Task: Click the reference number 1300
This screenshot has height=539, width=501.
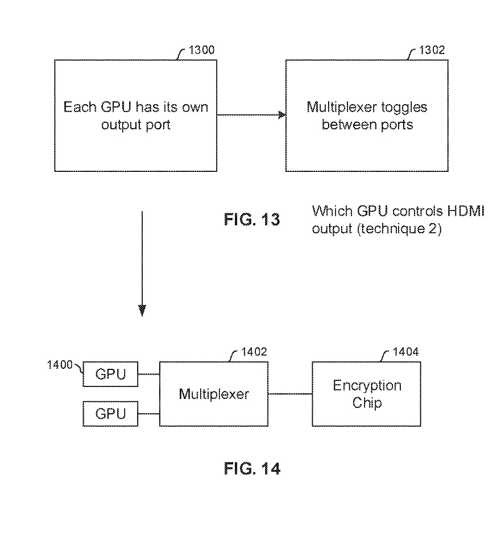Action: (x=201, y=50)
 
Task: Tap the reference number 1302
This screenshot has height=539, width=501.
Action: (x=432, y=50)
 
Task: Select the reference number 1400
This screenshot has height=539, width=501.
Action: (x=60, y=365)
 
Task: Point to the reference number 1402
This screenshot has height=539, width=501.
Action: (x=254, y=352)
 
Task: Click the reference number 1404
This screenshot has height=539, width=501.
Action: (x=405, y=352)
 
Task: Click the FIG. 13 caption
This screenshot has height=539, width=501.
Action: (x=252, y=219)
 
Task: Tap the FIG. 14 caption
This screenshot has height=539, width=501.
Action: (x=252, y=468)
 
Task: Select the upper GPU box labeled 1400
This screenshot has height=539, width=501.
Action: (x=110, y=374)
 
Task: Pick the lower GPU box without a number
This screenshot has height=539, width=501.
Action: (x=110, y=414)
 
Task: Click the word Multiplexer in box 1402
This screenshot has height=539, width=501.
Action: (x=214, y=394)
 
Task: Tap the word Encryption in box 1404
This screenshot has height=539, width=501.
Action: (x=367, y=386)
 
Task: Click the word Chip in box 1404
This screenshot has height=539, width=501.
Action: (x=367, y=402)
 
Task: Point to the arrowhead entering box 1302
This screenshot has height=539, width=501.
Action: (x=282, y=115)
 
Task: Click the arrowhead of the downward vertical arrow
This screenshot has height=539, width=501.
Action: (x=142, y=311)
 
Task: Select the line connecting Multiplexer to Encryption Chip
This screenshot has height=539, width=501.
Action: (x=290, y=394)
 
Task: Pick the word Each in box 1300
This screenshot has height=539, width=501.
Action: (x=80, y=107)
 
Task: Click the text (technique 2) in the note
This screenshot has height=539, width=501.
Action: (x=399, y=229)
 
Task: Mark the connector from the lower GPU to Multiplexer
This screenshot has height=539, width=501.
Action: (x=148, y=414)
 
